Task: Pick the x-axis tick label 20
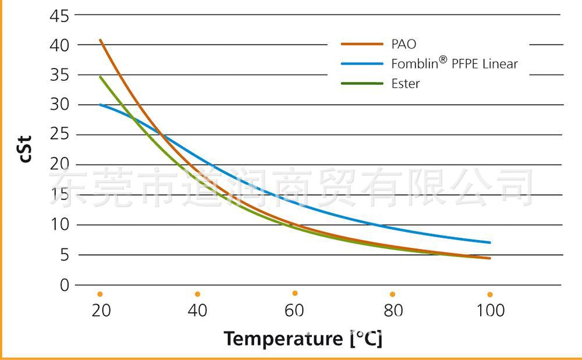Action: (101, 311)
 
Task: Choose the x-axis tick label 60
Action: (295, 311)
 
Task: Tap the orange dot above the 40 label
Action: (197, 294)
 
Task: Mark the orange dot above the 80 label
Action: (392, 294)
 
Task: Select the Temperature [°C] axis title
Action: (303, 338)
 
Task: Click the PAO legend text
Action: (403, 44)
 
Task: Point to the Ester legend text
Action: (405, 83)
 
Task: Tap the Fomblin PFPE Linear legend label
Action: (454, 63)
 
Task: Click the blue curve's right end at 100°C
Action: (490, 243)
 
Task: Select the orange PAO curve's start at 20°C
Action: (100, 40)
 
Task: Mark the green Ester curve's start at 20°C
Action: (100, 77)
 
